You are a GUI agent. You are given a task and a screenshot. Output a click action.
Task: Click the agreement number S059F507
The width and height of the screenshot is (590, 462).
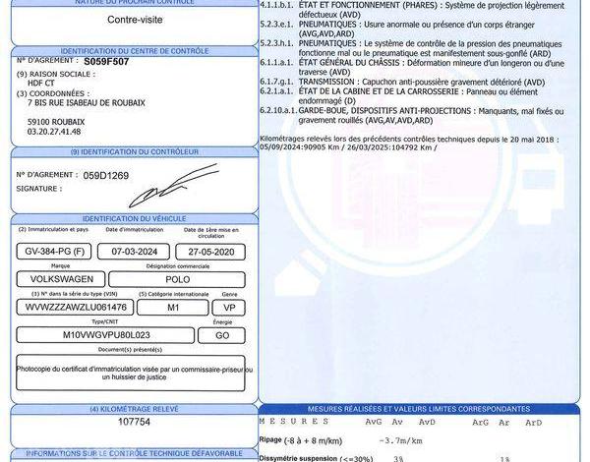click(105, 61)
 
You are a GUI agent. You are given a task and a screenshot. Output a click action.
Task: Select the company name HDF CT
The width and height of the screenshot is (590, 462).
click(43, 83)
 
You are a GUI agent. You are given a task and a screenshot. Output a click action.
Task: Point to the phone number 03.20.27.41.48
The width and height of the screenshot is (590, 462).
click(54, 132)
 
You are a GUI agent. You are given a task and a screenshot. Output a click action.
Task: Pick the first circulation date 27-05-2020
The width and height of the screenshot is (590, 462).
click(211, 251)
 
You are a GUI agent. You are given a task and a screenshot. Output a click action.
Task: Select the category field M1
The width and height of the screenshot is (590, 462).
click(173, 307)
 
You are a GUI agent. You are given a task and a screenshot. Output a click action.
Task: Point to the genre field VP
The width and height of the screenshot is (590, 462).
click(229, 307)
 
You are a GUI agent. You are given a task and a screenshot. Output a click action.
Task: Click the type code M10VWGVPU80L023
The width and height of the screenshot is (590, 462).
click(102, 334)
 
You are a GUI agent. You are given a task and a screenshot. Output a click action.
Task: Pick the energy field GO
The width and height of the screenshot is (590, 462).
click(229, 334)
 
